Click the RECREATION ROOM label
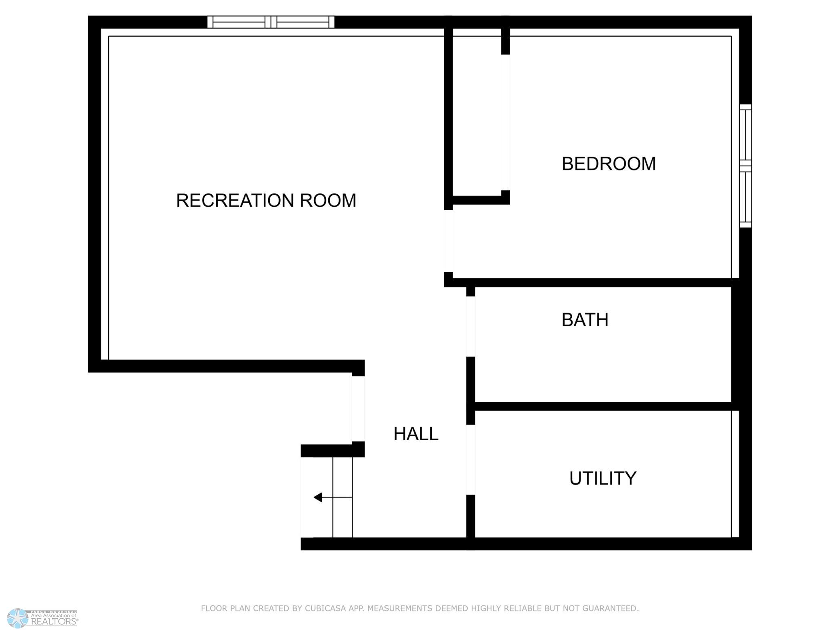pyautogui.click(x=266, y=201)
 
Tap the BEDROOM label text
pyautogui.click(x=609, y=164)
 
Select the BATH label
pyautogui.click(x=585, y=320)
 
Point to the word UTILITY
pyautogui.click(x=603, y=478)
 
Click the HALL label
pyautogui.click(x=416, y=434)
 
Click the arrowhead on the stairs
pyautogui.click(x=318, y=497)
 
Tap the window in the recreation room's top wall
pyautogui.click(x=271, y=22)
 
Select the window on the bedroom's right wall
pyautogui.click(x=745, y=166)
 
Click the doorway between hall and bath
pyautogui.click(x=470, y=326)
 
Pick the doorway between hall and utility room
pyautogui.click(x=470, y=460)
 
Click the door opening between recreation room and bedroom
pyautogui.click(x=448, y=241)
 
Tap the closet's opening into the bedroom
pyautogui.click(x=506, y=122)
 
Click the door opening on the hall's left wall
pyautogui.click(x=358, y=409)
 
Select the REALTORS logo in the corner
pyautogui.click(x=43, y=618)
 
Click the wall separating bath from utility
pyautogui.click(x=603, y=406)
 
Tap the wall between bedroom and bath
pyautogui.click(x=592, y=283)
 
